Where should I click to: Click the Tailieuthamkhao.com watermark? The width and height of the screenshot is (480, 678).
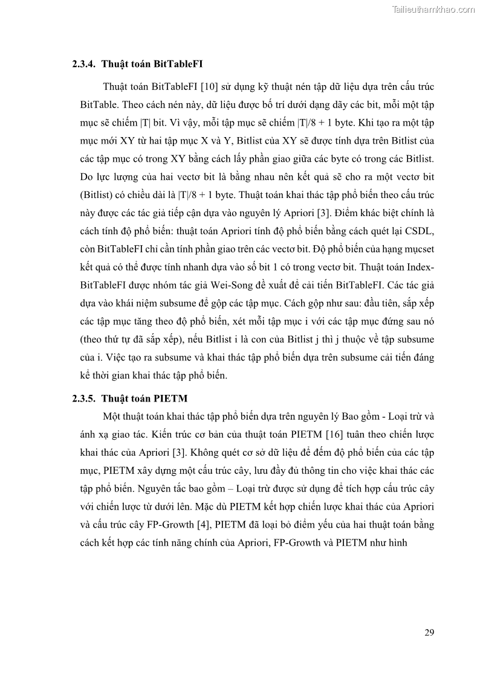click(x=433, y=9)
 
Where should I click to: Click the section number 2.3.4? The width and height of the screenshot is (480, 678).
click(x=85, y=63)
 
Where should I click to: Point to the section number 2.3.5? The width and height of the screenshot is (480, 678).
click(x=85, y=398)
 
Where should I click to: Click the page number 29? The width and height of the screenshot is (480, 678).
click(x=429, y=632)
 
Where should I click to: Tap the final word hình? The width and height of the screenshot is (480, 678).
click(x=397, y=542)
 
